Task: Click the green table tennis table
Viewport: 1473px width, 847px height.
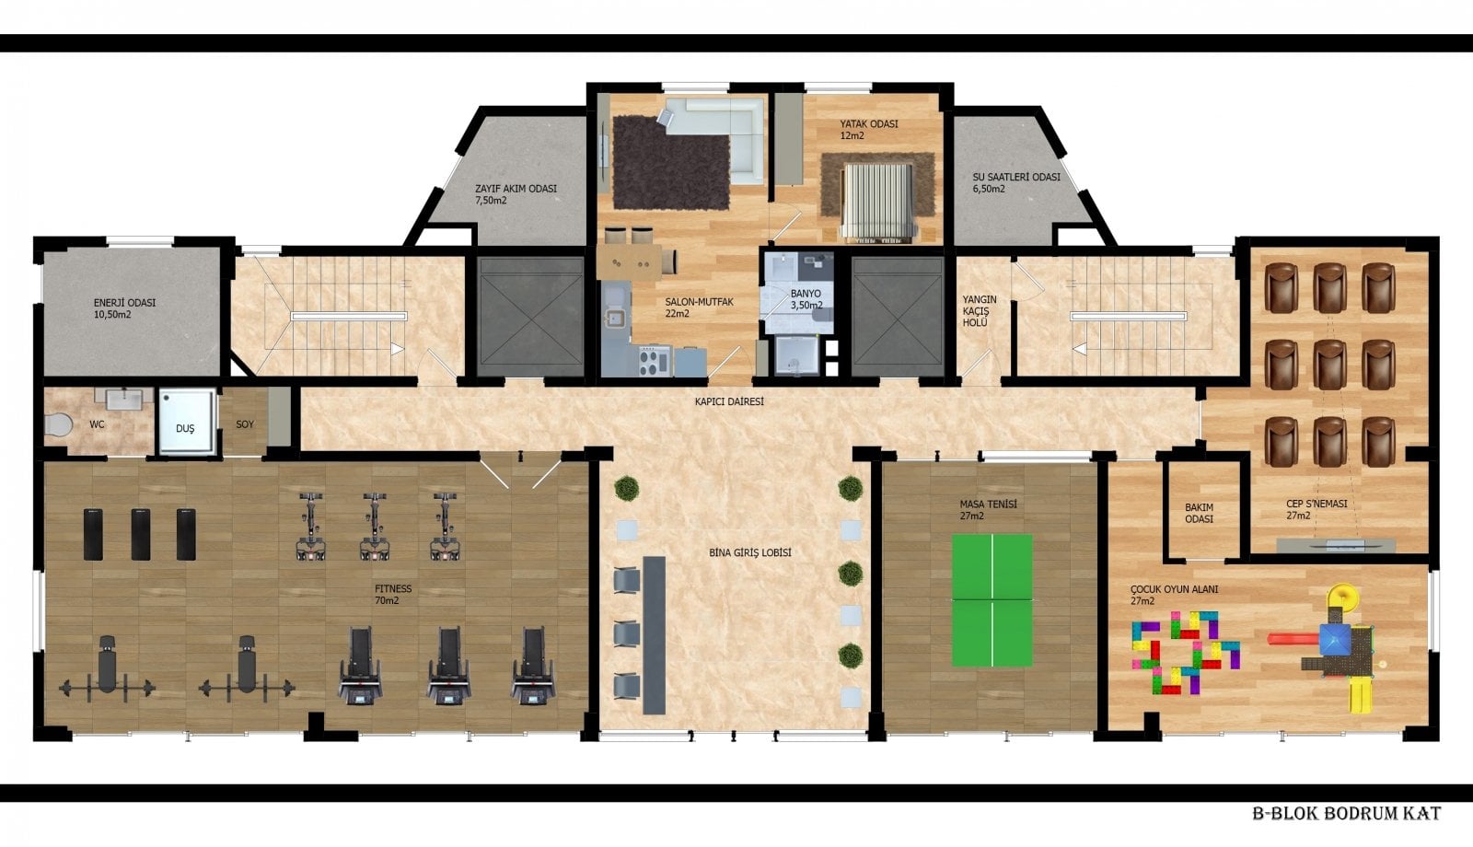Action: click(x=992, y=599)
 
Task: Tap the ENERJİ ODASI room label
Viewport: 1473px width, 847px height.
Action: click(x=124, y=308)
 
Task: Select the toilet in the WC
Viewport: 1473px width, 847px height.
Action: click(x=59, y=424)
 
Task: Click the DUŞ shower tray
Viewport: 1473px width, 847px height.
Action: click(x=187, y=421)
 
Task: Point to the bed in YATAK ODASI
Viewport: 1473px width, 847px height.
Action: click(x=877, y=201)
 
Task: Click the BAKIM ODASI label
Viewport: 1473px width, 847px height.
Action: click(x=1199, y=513)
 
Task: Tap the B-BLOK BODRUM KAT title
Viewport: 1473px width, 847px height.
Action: click(x=1346, y=813)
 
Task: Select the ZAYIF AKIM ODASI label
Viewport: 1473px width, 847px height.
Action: click(x=516, y=194)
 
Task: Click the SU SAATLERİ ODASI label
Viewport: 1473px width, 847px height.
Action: click(x=1016, y=183)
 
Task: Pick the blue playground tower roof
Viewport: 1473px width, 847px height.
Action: click(x=1336, y=639)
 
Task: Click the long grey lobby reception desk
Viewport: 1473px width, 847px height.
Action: click(x=654, y=634)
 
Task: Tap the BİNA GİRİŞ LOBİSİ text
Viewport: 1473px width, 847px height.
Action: click(x=749, y=552)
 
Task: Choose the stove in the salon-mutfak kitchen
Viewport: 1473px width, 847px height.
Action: click(x=655, y=361)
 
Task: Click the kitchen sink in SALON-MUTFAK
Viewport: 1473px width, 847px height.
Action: click(x=616, y=319)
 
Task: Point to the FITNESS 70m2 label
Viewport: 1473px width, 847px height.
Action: click(x=392, y=595)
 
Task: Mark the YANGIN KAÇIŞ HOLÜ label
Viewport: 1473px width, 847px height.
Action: click(x=980, y=310)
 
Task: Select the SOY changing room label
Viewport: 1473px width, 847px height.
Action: click(x=245, y=424)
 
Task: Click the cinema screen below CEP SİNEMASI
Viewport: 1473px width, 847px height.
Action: click(x=1336, y=545)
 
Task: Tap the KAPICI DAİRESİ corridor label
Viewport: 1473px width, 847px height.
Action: click(x=729, y=401)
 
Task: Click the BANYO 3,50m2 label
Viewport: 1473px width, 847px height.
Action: click(x=806, y=299)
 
